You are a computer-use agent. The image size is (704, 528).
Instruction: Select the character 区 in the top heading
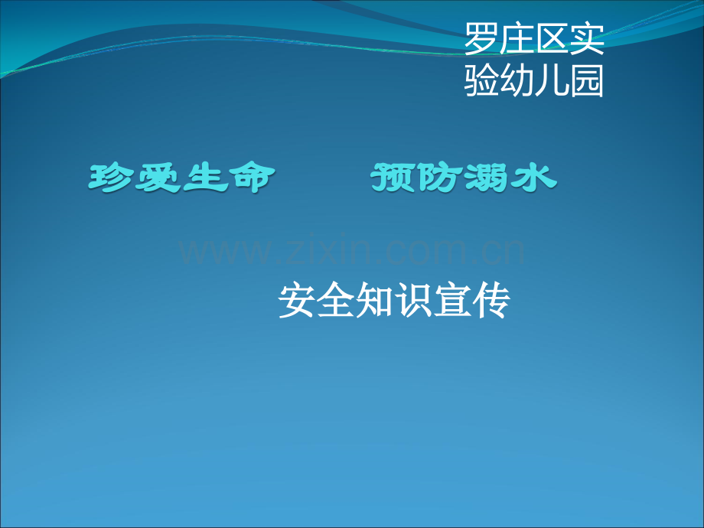click(552, 38)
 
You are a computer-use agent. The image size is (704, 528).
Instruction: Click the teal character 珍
click(109, 178)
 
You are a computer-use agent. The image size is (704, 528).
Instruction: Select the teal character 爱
click(158, 178)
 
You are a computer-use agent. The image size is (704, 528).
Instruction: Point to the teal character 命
click(252, 178)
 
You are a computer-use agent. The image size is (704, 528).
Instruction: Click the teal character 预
click(393, 178)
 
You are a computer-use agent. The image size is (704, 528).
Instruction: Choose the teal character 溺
click(487, 178)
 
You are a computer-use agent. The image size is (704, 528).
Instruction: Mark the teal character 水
click(534, 178)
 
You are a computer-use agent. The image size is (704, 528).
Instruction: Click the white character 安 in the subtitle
click(296, 300)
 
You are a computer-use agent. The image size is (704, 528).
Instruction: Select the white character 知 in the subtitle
click(374, 300)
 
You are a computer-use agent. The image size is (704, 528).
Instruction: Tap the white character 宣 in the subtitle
click(451, 300)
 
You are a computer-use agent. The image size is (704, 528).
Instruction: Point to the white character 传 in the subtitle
click(491, 300)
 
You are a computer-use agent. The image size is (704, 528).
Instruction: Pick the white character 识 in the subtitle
click(413, 300)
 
